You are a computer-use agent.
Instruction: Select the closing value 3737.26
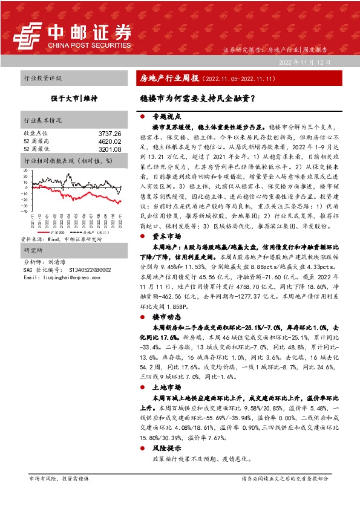pyautogui.click(x=110, y=133)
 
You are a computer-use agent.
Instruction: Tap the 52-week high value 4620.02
pyautogui.click(x=110, y=141)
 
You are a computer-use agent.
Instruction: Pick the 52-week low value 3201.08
pyautogui.click(x=110, y=149)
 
